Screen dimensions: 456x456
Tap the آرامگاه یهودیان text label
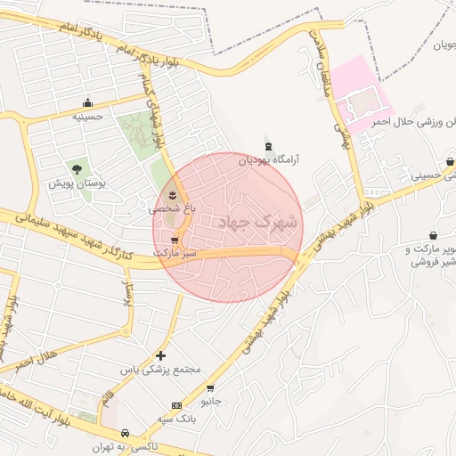[x=268, y=161]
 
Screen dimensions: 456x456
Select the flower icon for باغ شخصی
[x=172, y=194]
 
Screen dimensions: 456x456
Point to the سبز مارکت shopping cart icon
[x=174, y=240]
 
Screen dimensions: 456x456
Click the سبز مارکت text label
[x=174, y=253]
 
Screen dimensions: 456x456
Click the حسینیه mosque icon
[x=87, y=102]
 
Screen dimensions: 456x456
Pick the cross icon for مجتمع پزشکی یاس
[x=160, y=355]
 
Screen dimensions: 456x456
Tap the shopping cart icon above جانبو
[x=210, y=388]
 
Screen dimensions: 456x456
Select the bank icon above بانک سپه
[x=176, y=405]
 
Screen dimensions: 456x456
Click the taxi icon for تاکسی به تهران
[x=126, y=432]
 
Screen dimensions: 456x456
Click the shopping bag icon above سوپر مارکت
[x=433, y=235]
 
